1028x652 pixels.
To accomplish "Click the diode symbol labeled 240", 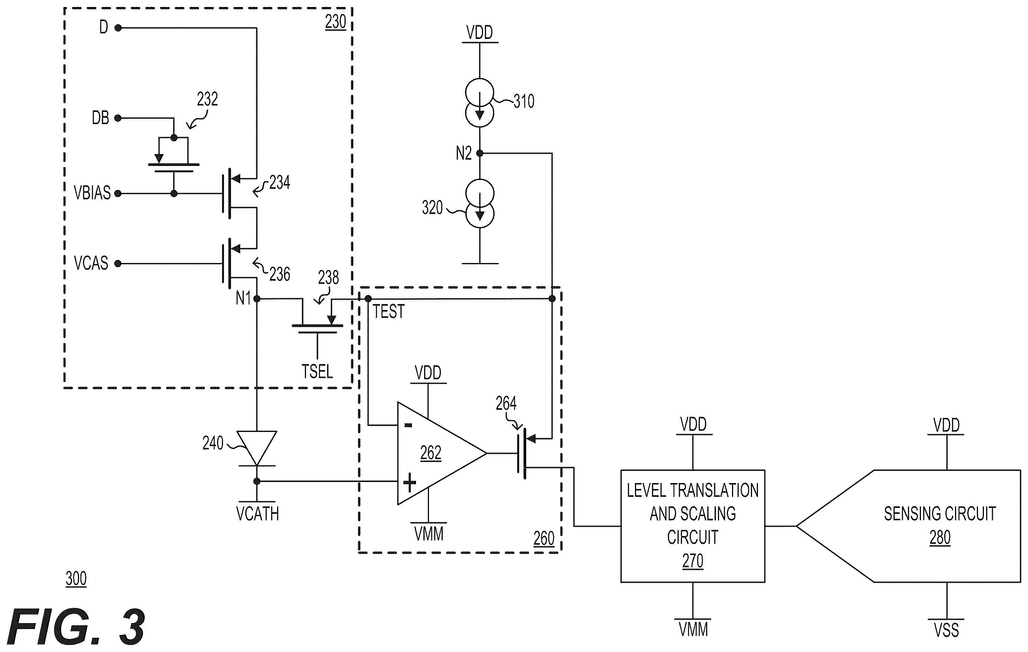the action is [257, 448].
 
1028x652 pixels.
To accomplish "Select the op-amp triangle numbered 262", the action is [442, 453].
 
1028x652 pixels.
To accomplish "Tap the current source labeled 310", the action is [479, 103].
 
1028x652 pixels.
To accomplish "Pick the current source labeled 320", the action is [479, 204].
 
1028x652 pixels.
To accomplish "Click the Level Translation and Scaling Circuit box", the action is [692, 526].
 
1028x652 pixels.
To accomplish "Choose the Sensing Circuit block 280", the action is [909, 526].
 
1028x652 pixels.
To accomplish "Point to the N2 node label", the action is [464, 153].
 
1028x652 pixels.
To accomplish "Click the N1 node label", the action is [243, 298].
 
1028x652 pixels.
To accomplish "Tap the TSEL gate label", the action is [317, 372].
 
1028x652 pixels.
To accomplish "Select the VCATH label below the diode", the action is [257, 514].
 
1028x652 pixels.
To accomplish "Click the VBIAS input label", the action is [92, 193].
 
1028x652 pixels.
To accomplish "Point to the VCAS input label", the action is [91, 263].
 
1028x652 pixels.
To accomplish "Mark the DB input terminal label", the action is [101, 118].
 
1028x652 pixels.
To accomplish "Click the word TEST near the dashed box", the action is [389, 312].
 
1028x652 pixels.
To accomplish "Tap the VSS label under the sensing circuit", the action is [947, 630].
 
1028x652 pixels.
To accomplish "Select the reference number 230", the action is [336, 22].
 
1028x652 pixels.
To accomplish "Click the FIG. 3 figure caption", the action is [76, 627].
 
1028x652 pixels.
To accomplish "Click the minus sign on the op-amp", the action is [408, 425].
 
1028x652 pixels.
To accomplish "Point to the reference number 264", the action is [506, 403].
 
